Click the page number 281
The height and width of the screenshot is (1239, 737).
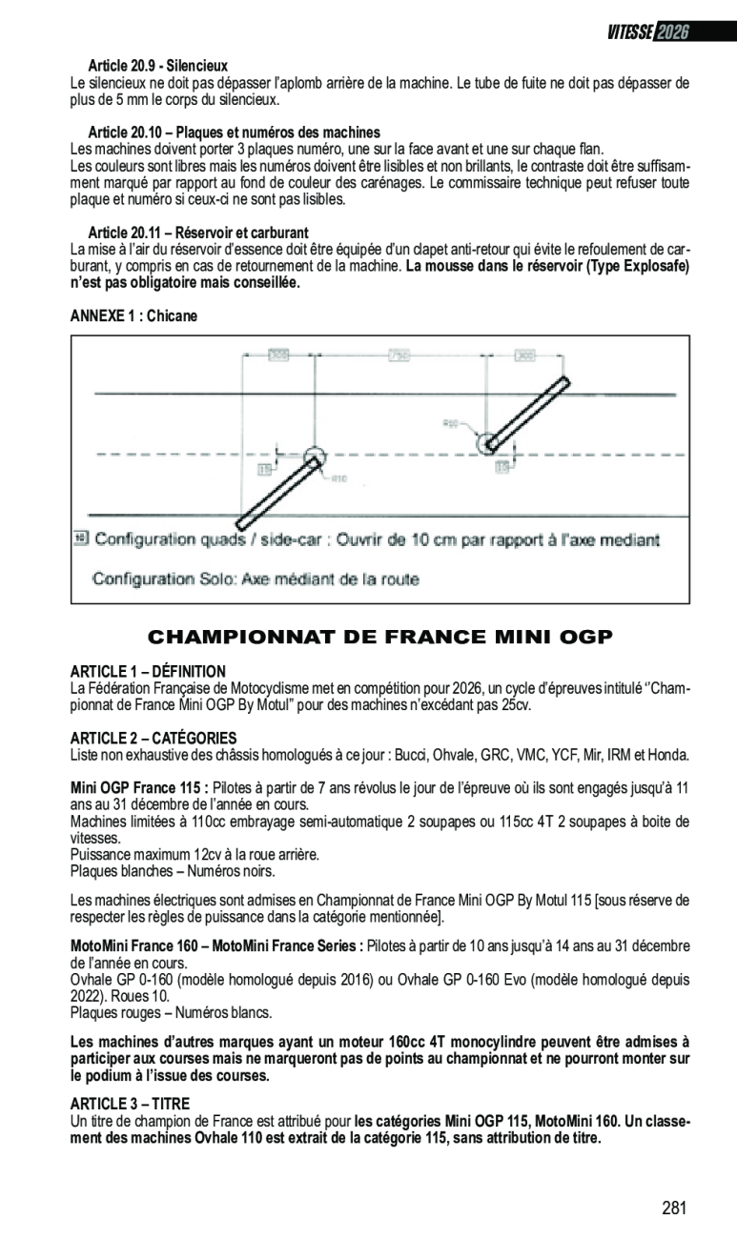[x=674, y=1208]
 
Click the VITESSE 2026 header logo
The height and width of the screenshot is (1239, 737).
[x=647, y=31]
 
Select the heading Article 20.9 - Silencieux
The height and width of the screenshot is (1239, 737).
[x=157, y=66]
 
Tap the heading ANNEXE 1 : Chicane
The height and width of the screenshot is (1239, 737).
[x=133, y=315]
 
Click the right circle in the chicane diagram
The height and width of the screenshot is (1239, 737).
[x=487, y=442]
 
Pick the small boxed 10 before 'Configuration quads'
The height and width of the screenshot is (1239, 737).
[x=80, y=538]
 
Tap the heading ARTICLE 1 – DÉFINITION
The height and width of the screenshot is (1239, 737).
[x=148, y=671]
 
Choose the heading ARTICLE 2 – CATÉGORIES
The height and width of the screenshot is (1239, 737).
[x=154, y=738]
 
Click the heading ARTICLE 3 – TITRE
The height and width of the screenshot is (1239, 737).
[x=130, y=1103]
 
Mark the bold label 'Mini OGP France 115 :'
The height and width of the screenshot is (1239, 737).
[x=139, y=788]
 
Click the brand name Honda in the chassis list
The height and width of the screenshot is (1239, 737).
[x=667, y=755]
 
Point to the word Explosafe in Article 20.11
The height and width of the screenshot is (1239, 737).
[x=653, y=266]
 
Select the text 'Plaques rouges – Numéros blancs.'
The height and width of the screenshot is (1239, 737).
[x=171, y=1012]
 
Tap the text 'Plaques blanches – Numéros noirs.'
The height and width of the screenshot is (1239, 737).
[x=173, y=870]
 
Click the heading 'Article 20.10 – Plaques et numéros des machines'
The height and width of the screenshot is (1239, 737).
[x=234, y=132]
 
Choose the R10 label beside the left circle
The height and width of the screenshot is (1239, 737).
[x=338, y=477]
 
